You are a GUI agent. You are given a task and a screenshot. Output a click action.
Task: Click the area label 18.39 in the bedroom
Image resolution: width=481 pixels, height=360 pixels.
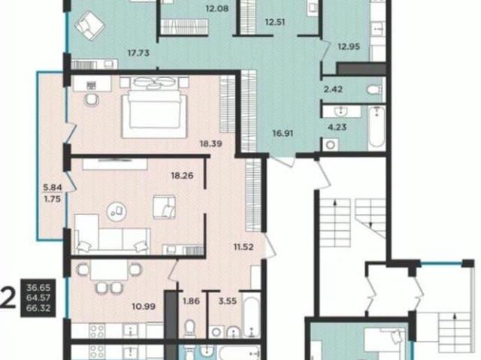(211, 144)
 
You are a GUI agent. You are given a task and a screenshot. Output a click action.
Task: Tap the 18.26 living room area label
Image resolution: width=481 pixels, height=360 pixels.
(182, 175)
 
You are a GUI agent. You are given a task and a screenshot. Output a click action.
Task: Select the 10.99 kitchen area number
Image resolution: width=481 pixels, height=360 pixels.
(144, 306)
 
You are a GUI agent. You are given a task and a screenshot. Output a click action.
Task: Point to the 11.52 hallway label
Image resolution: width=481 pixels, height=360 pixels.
(244, 247)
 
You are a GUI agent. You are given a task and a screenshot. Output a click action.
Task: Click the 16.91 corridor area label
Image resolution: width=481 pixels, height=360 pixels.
(283, 133)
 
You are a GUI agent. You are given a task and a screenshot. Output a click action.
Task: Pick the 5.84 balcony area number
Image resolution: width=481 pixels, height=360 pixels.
(53, 187)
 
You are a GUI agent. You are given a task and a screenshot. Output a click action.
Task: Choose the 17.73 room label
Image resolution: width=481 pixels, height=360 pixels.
(138, 53)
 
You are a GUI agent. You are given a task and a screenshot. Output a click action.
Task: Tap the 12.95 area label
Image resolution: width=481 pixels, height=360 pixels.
(349, 47)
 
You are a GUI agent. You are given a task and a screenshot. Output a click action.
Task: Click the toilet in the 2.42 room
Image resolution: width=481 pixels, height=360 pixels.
(374, 90)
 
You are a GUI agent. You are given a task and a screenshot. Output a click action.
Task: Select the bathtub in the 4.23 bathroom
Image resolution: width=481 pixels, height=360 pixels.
(377, 128)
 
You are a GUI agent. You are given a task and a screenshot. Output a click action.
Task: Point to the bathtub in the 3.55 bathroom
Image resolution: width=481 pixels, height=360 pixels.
(251, 314)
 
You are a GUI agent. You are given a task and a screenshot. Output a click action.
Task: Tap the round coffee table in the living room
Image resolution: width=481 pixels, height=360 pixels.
(116, 211)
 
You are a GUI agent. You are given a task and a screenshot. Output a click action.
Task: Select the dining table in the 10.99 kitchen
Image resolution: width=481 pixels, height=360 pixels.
(109, 271)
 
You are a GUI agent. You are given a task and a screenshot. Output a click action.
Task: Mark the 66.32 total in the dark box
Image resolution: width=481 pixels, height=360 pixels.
(38, 308)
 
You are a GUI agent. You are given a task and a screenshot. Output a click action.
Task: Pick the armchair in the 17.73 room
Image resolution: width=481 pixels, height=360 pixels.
(90, 26)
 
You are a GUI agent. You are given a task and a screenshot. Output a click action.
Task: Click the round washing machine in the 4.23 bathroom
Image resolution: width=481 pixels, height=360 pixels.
(331, 145)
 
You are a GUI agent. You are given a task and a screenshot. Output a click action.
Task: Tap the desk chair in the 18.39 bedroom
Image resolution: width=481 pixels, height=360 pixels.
(92, 100)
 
